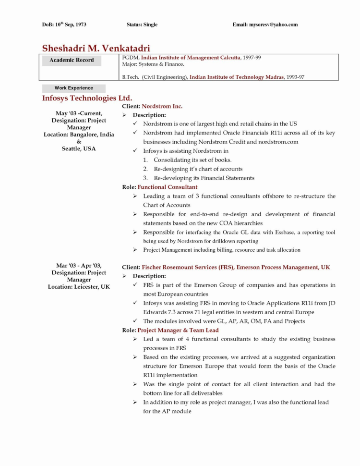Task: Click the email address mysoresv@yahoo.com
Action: (x=273, y=25)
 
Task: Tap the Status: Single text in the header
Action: (x=142, y=25)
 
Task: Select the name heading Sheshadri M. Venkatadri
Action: (x=96, y=48)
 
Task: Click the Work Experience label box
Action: (x=73, y=88)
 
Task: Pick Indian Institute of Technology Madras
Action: (x=237, y=77)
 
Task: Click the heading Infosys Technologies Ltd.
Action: (x=87, y=98)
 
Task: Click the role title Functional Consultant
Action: (x=167, y=187)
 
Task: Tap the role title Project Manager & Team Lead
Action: (x=178, y=330)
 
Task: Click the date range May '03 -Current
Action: (x=79, y=113)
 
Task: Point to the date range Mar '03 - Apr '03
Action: (x=79, y=266)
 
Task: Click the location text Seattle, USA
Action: (x=79, y=149)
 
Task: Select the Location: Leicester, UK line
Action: (x=79, y=287)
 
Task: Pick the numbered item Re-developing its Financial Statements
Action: (x=204, y=178)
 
